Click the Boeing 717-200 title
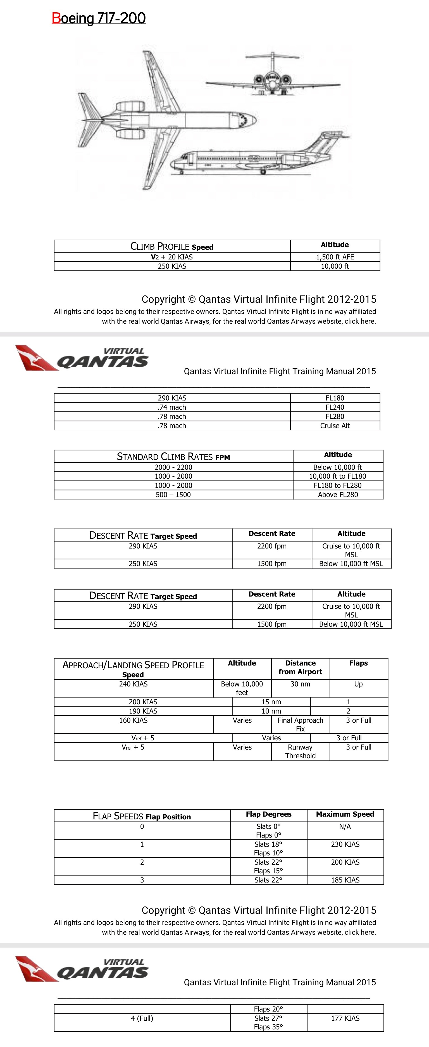(99, 18)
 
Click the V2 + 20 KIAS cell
(172, 257)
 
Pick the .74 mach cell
(172, 407)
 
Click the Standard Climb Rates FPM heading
(173, 456)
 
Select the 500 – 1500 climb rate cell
(173, 495)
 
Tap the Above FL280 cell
(338, 495)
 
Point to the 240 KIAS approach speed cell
(134, 684)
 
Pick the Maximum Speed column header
(345, 814)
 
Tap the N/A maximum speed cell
(345, 826)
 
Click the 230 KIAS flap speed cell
(345, 844)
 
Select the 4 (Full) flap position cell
(142, 1018)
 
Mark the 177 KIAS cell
(345, 1018)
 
